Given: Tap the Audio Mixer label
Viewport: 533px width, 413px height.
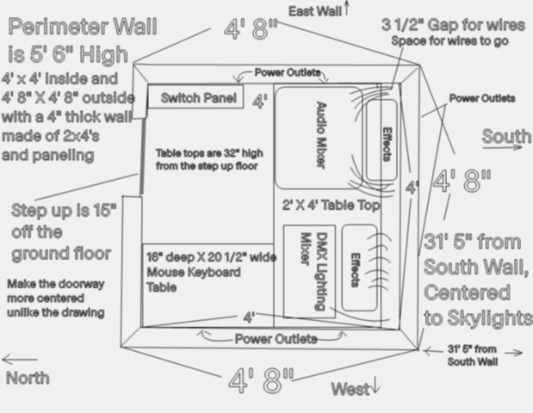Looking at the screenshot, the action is pos(321,134).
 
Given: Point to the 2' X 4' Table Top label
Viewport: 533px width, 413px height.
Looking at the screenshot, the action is pos(331,205).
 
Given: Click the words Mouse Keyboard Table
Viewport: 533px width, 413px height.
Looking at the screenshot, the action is pos(194,280).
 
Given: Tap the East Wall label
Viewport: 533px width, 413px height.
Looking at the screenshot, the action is pos(315,11).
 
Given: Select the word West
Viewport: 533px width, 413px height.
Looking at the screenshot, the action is pos(350,389).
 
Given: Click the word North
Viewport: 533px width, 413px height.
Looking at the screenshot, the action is pos(28,378).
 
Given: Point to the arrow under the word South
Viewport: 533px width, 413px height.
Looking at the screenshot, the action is pos(502,147).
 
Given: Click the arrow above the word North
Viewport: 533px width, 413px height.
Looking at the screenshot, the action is pos(20,359).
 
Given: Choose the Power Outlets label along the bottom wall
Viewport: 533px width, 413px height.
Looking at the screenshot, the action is pos(276,339).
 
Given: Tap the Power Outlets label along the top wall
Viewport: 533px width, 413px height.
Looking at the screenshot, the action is pos(288,72).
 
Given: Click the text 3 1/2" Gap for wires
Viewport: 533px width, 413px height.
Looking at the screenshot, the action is pos(453,25).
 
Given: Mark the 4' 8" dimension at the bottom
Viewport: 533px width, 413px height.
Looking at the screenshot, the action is pos(261,380).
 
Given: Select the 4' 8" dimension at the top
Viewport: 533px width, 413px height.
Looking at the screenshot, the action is pos(251,28).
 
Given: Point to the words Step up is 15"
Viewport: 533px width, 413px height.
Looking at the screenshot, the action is pos(64,210).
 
